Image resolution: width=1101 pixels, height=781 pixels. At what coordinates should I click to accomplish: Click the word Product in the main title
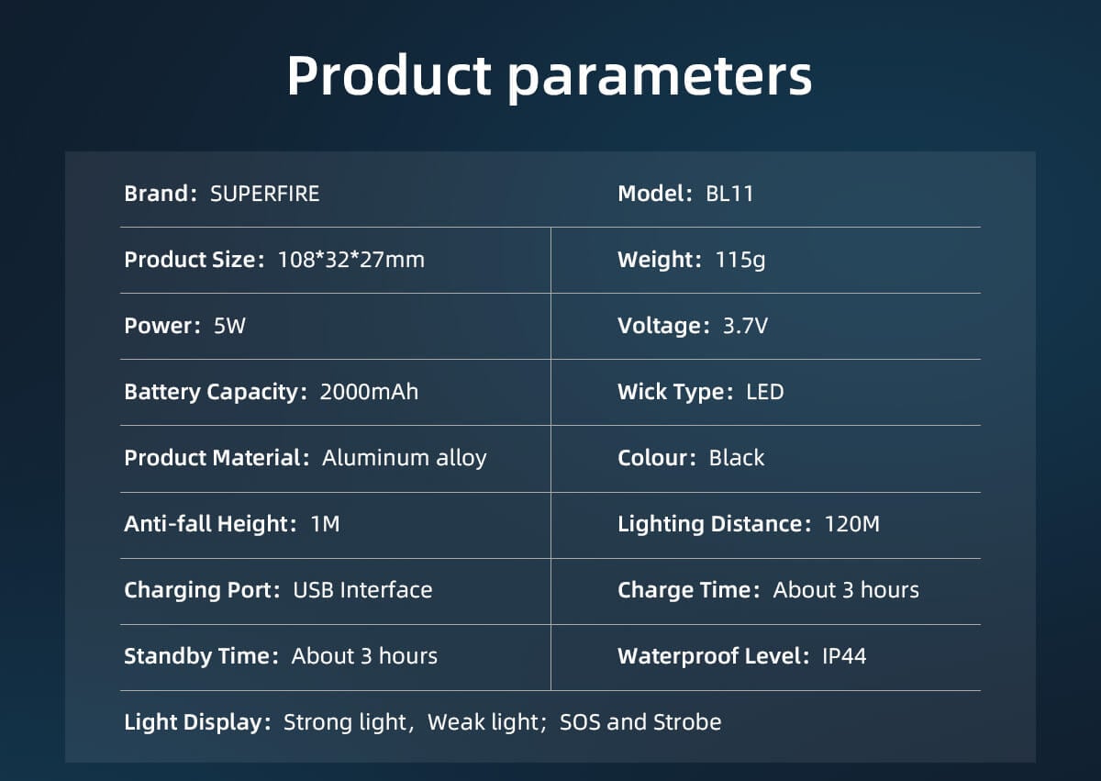click(x=389, y=74)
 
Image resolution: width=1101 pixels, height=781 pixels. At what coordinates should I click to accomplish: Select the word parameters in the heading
click(x=660, y=79)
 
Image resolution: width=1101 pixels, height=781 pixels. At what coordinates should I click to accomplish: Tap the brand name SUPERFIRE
click(x=265, y=194)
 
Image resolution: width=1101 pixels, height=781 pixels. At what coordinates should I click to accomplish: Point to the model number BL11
click(x=729, y=194)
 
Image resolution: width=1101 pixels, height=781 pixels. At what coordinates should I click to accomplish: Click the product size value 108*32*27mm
click(x=350, y=260)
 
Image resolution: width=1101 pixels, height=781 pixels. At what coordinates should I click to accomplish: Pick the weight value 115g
click(x=740, y=261)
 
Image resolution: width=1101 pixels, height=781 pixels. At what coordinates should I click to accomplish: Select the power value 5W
click(x=229, y=326)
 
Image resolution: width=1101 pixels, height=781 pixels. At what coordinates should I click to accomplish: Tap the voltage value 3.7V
click(x=745, y=326)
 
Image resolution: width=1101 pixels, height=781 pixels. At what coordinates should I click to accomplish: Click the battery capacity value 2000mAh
click(x=369, y=392)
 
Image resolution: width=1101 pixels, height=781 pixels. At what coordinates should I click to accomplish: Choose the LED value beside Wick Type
click(x=765, y=392)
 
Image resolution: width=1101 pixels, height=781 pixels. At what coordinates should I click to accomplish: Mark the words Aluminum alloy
click(x=404, y=458)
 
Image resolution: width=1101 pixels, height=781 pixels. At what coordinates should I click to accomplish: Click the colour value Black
click(x=736, y=458)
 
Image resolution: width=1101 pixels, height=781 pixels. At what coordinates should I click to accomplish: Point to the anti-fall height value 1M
click(x=325, y=524)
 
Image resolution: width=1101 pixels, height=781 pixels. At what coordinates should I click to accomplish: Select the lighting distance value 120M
click(x=851, y=524)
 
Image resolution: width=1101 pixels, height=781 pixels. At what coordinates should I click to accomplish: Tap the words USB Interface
click(x=362, y=590)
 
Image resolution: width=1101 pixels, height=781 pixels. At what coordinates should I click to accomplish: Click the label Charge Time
click(x=684, y=591)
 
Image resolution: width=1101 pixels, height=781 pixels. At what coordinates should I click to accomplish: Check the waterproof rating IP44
click(x=844, y=656)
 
